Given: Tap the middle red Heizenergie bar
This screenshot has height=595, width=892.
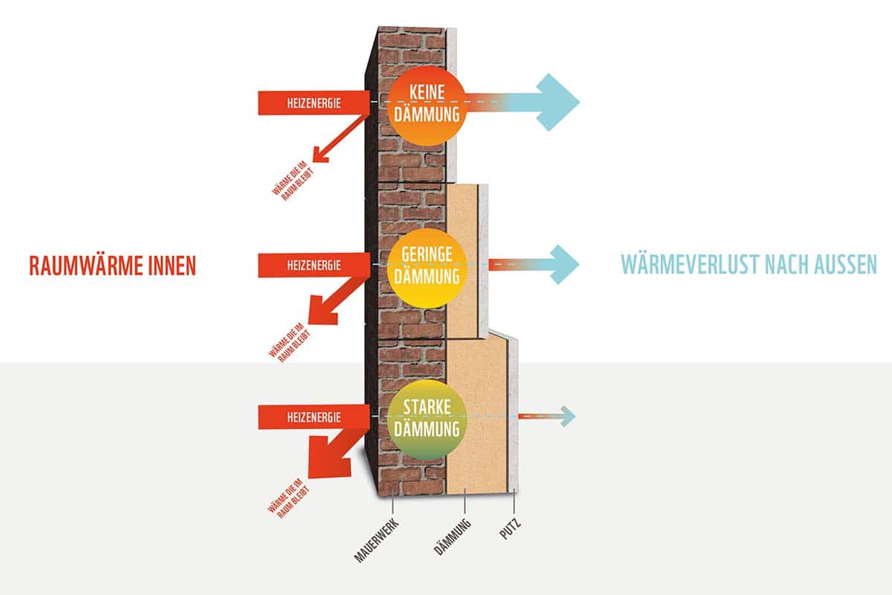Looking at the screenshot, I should coord(313,264).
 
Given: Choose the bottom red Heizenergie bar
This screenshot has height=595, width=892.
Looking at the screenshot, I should coord(313,417).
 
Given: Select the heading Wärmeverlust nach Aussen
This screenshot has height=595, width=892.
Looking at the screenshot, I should coord(749,264).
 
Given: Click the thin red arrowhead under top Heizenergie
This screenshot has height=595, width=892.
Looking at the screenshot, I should coord(321,155).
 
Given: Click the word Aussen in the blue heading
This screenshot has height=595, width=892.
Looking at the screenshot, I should coord(838,264).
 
